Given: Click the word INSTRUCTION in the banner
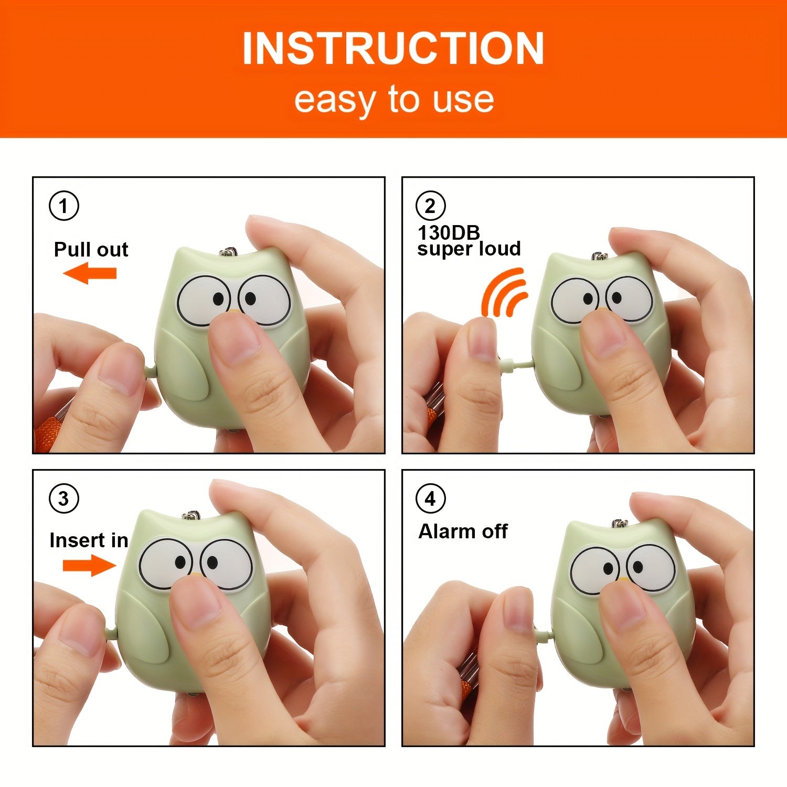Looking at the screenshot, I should (393, 48).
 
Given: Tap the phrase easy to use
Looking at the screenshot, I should (393, 99).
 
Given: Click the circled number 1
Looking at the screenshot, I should (64, 206).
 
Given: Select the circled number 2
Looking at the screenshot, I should (430, 206).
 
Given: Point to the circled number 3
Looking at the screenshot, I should (64, 498).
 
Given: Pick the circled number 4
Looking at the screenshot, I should (430, 498).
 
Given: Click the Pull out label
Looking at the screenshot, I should (91, 250).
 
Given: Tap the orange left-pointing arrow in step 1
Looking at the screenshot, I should (90, 273).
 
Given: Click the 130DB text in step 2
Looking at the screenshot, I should (449, 232).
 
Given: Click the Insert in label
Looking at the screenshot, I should (89, 540).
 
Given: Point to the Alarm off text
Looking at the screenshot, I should (463, 531).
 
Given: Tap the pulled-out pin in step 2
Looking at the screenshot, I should (514, 364).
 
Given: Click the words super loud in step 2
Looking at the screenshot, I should (469, 249).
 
